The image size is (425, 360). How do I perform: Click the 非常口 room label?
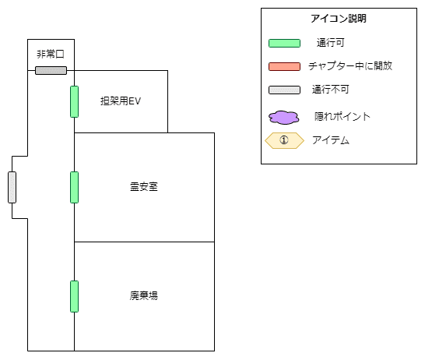click(x=51, y=55)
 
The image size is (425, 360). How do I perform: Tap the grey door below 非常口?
click(x=51, y=71)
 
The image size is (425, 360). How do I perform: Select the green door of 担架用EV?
click(x=74, y=102)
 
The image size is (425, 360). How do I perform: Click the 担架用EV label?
click(x=121, y=101)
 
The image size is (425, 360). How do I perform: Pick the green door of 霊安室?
click(x=74, y=187)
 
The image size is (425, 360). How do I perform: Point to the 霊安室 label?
click(x=144, y=187)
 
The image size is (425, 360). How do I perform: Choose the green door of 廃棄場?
click(x=74, y=297)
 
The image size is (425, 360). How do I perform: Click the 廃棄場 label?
click(x=144, y=295)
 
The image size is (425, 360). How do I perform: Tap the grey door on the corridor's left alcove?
click(x=12, y=187)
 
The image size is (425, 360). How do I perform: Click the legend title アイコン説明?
click(x=339, y=19)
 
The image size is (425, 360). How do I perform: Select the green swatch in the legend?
click(x=284, y=44)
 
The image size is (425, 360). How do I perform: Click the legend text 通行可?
click(x=330, y=43)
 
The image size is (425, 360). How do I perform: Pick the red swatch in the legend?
click(x=284, y=67)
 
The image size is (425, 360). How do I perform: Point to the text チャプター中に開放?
click(x=350, y=66)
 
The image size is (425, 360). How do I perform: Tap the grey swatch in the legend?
click(x=284, y=90)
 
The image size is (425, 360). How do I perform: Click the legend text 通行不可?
click(x=330, y=90)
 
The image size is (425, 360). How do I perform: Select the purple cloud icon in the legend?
click(x=284, y=118)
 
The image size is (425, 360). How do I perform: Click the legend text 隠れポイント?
click(x=342, y=116)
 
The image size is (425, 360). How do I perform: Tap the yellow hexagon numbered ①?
click(x=284, y=140)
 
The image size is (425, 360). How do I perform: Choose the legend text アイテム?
click(x=331, y=140)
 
